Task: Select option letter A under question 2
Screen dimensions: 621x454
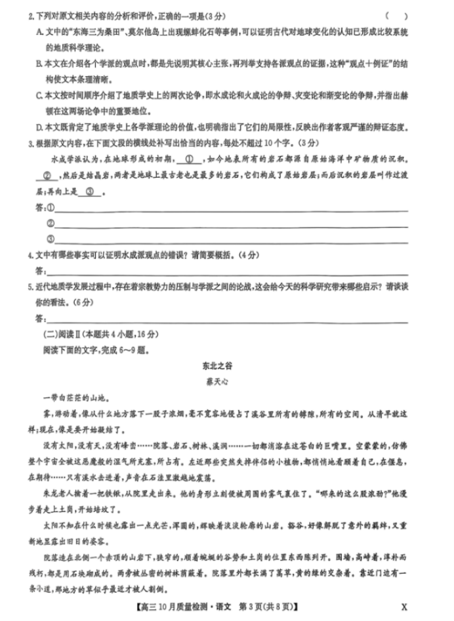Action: (x=39, y=31)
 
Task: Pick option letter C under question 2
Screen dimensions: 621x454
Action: (x=39, y=94)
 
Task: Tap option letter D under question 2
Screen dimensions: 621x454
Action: (x=39, y=126)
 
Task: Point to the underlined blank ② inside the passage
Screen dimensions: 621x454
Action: (x=47, y=176)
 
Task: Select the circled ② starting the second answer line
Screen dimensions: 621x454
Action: (x=51, y=224)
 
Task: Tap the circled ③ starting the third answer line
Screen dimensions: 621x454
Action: (x=51, y=239)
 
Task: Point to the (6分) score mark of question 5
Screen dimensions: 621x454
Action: (x=83, y=303)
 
